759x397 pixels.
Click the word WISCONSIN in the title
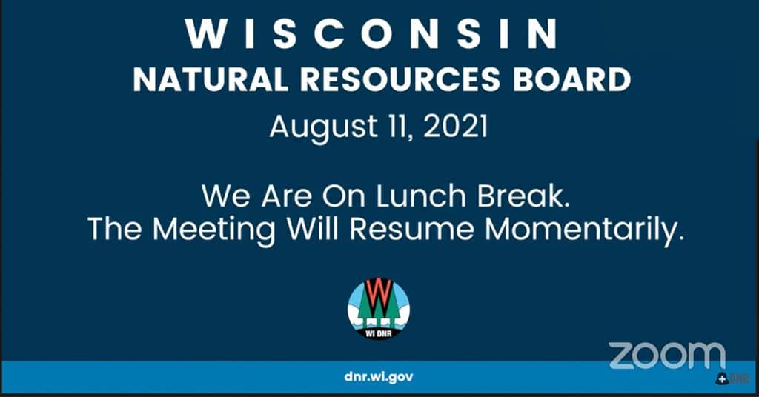371,34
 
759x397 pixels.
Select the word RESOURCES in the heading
400,80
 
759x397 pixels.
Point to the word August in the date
323,127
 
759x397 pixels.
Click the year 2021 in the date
456,127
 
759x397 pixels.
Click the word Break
523,196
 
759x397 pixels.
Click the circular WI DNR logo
379,309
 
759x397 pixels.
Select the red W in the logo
379,296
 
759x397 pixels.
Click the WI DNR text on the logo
379,333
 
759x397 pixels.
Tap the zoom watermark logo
667,356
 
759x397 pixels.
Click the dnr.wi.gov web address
379,377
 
